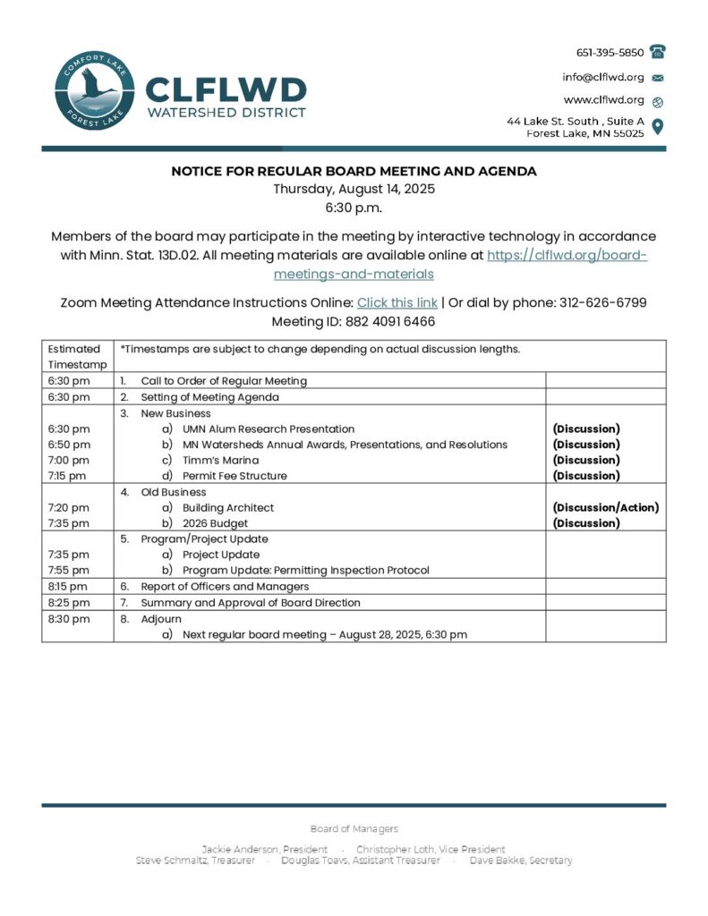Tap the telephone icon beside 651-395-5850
point(658,52)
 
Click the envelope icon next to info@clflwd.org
point(658,77)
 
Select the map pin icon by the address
point(658,126)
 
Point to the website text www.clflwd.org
point(602,100)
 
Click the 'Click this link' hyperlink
point(397,302)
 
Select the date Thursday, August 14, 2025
point(354,189)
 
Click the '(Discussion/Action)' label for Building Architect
point(605,507)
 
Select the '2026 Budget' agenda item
point(215,523)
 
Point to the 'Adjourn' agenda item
point(161,618)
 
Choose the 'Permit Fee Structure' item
point(235,476)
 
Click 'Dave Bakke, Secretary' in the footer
point(521,861)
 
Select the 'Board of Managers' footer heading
point(354,829)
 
